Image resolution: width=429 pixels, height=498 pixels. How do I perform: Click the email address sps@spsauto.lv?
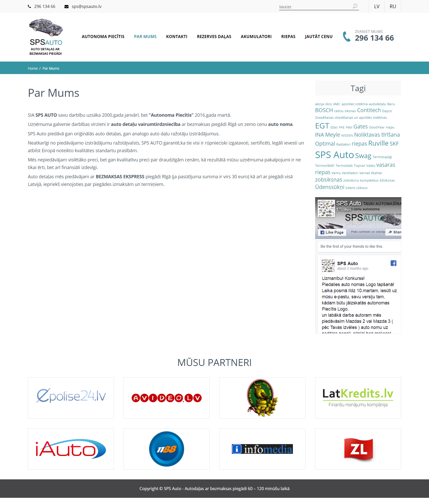click(x=86, y=6)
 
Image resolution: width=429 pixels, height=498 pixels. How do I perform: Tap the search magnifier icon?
click(x=355, y=6)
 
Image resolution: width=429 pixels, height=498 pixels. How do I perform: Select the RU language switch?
click(x=393, y=6)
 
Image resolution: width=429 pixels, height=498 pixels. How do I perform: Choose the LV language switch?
click(x=377, y=6)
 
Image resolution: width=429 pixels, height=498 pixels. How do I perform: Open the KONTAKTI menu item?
click(x=177, y=37)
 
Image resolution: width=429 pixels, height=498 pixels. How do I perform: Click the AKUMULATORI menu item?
click(x=256, y=37)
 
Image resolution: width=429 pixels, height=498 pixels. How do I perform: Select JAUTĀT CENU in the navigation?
click(x=318, y=37)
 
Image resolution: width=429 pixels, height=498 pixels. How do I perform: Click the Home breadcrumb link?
click(x=33, y=68)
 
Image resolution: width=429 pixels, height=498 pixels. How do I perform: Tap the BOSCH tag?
click(x=324, y=110)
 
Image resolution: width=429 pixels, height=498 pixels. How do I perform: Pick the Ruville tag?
click(x=378, y=143)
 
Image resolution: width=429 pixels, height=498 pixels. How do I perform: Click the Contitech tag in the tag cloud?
click(x=369, y=110)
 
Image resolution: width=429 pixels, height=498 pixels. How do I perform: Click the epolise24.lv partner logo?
click(x=71, y=398)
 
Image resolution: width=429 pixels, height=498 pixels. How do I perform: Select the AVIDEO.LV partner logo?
click(x=166, y=398)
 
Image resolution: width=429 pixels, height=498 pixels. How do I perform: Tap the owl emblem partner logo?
click(x=262, y=398)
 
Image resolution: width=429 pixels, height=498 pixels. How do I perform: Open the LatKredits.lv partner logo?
click(x=358, y=398)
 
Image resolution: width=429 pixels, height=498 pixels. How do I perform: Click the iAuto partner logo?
click(x=71, y=449)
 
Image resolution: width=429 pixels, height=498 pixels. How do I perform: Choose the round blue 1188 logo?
click(x=166, y=449)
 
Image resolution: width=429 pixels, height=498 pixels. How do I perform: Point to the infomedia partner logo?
click(x=262, y=449)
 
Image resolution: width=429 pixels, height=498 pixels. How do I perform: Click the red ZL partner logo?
click(x=358, y=449)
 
